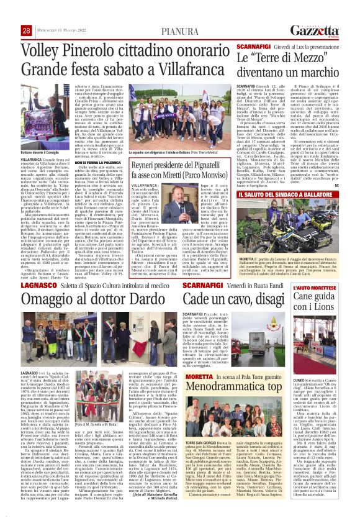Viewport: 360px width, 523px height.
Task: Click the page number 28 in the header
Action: pyautogui.click(x=27, y=31)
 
